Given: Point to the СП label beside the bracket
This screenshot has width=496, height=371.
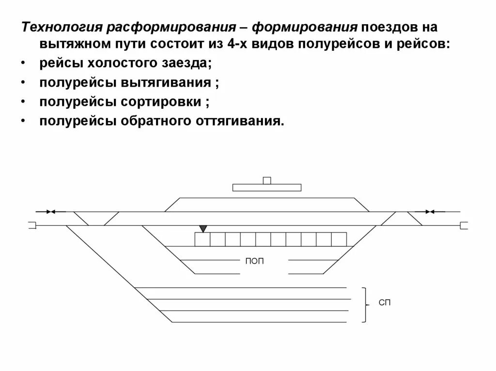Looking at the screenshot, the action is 384,303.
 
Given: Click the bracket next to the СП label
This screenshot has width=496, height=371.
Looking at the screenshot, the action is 364,304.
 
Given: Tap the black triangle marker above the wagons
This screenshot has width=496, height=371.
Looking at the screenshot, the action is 203,228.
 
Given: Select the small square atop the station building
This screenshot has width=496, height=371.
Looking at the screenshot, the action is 266,180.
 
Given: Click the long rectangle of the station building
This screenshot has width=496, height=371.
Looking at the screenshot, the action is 266,188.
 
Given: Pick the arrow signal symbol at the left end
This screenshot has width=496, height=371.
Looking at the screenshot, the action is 51,211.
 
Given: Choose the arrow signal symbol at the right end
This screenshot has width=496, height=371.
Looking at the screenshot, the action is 429,211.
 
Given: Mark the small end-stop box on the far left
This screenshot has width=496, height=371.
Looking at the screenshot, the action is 32,225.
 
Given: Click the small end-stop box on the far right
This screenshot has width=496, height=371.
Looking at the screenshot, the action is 464,225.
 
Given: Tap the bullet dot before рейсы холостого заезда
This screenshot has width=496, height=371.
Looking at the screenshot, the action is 23,63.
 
